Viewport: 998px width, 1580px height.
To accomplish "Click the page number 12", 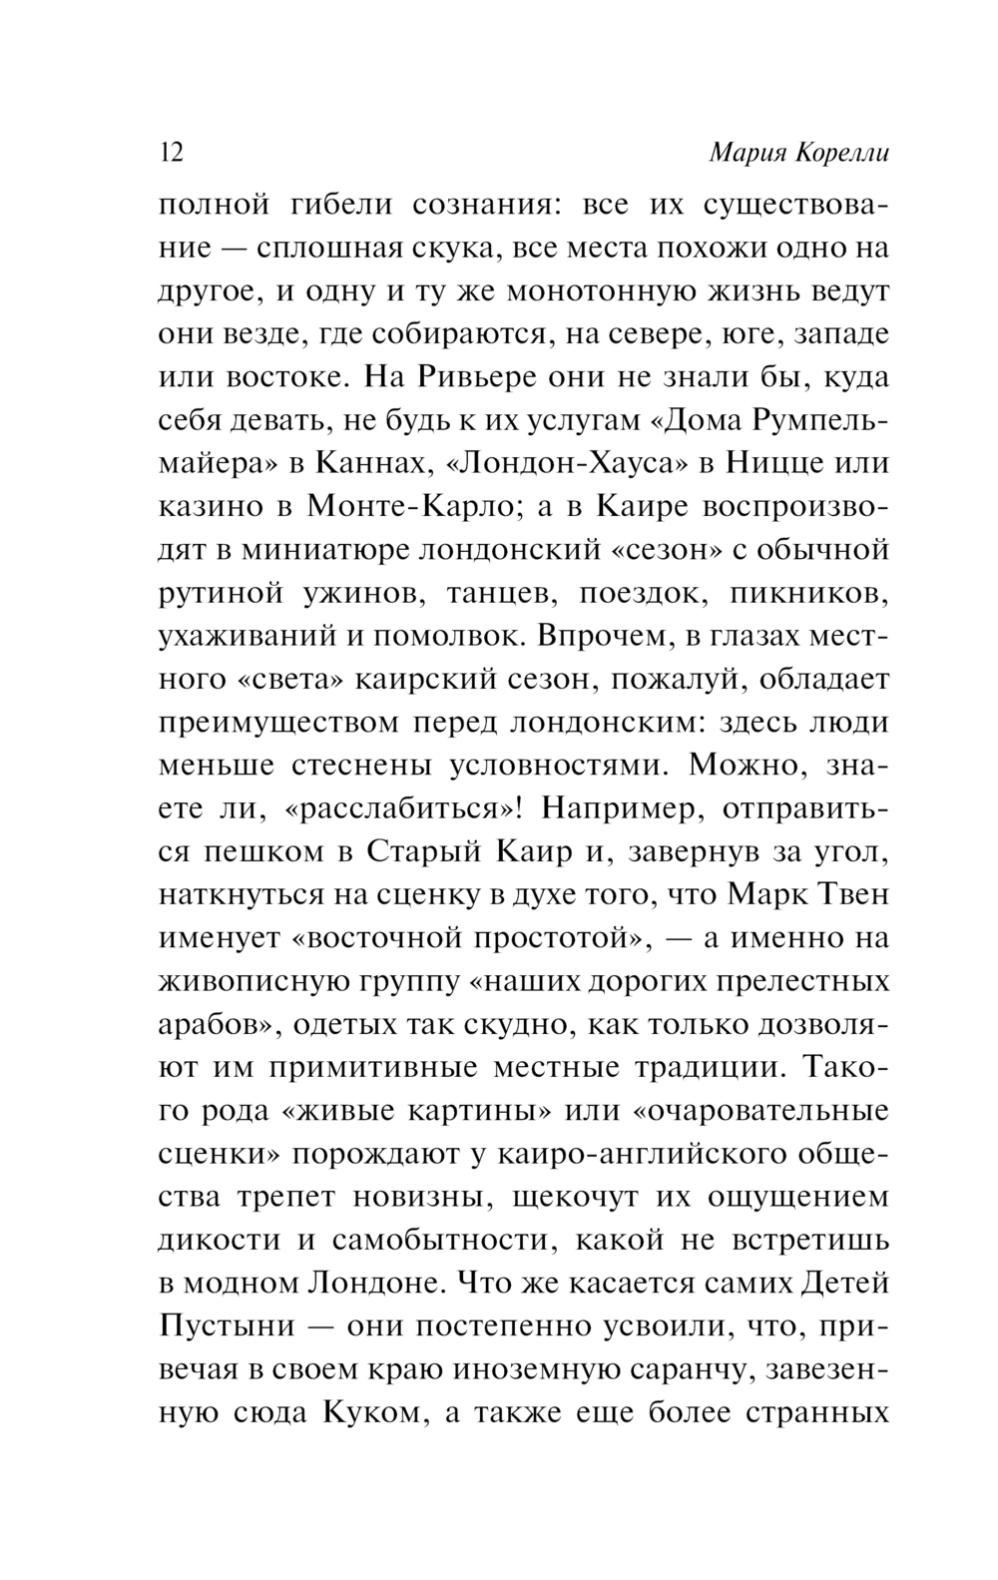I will point(172,154).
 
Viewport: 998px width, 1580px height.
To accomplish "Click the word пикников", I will point(809,593).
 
